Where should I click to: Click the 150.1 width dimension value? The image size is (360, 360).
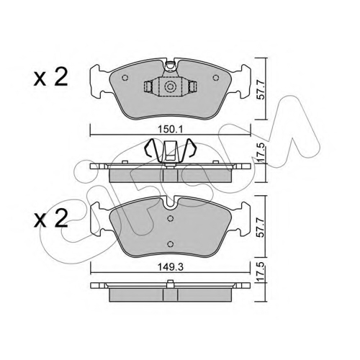[171, 130]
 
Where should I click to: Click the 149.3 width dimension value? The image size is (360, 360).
[171, 267]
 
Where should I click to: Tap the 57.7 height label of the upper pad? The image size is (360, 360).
[261, 90]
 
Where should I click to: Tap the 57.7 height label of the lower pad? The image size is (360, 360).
[261, 228]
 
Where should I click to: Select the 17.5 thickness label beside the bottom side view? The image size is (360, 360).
[261, 272]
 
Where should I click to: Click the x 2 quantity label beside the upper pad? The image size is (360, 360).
[50, 78]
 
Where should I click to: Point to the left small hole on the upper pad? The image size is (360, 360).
[125, 78]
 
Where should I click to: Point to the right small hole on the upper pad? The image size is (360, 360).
[216, 78]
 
